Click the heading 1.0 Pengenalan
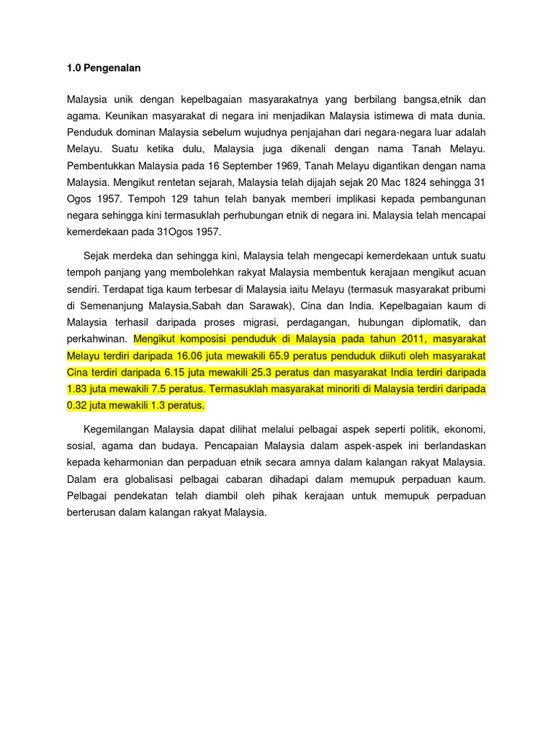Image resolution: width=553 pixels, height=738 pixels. click(104, 68)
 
